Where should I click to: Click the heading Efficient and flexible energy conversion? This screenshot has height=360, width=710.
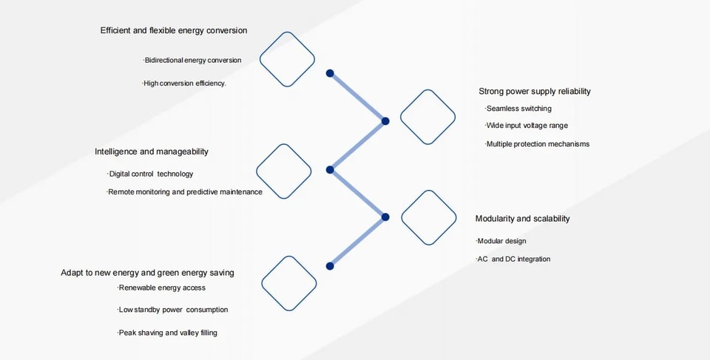click(x=174, y=30)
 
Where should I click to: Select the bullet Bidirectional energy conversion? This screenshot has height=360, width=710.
click(x=192, y=60)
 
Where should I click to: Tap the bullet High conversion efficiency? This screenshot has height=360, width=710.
click(x=184, y=84)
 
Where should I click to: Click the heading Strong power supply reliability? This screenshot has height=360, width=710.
click(x=535, y=92)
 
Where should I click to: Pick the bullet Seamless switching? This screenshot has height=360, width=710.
click(x=518, y=109)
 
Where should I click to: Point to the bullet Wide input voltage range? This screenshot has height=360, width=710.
click(x=527, y=126)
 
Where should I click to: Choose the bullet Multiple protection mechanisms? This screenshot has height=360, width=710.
click(x=538, y=144)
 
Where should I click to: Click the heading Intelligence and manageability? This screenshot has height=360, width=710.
click(x=152, y=152)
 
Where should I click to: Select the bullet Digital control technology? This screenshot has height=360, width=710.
click(x=150, y=174)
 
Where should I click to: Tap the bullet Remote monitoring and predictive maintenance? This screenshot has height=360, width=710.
click(x=184, y=192)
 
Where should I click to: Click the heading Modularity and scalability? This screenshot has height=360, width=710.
click(x=523, y=219)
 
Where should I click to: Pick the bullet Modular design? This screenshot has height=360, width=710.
click(x=501, y=241)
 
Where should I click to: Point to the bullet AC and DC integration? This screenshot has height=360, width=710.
click(x=513, y=259)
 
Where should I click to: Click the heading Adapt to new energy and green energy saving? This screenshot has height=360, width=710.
click(x=148, y=273)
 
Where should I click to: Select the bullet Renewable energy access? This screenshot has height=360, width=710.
click(x=162, y=288)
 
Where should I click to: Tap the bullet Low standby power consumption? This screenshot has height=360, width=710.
click(x=172, y=310)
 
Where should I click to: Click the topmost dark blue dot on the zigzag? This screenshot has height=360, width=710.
click(x=330, y=73)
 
